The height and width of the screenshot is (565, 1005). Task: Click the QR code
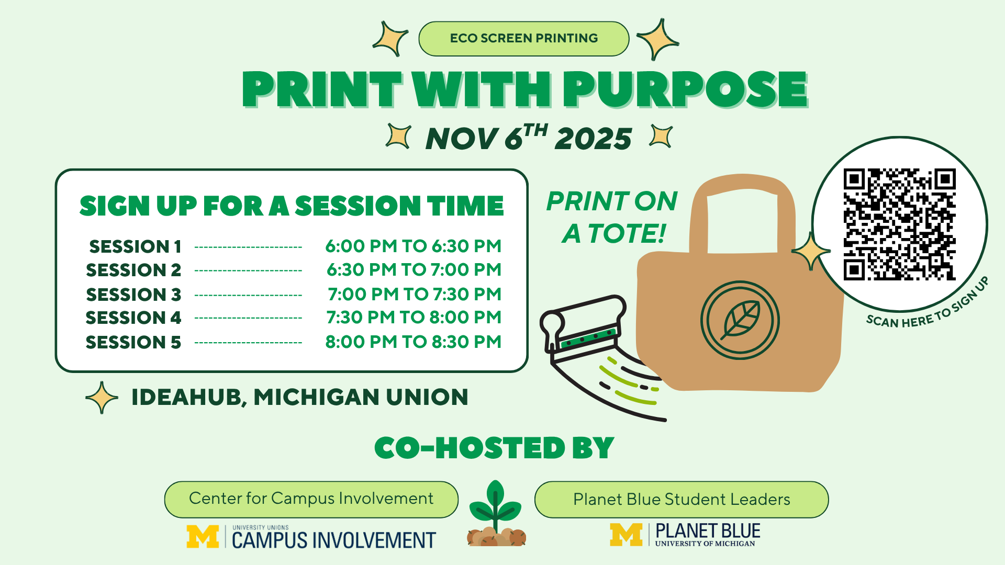pos(899,224)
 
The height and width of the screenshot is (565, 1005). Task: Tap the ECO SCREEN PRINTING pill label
pos(523,39)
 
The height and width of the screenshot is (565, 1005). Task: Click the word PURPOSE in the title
pos(686,89)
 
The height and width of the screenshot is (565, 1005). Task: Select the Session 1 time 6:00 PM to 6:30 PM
pos(413,246)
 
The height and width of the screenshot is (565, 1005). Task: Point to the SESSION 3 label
pos(133,295)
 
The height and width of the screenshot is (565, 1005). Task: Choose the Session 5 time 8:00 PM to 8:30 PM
pos(413,342)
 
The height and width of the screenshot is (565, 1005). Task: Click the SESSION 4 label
pos(133,318)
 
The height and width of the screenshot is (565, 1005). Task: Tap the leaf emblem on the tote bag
pos(740,320)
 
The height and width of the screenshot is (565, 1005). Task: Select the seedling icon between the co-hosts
pos(496,514)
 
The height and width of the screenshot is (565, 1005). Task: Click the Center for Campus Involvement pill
pos(311,499)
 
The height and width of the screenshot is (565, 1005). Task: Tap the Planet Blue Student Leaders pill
pos(682,499)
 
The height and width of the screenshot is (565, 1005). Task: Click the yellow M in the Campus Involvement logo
pos(203,537)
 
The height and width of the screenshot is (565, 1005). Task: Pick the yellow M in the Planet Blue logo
pos(626,535)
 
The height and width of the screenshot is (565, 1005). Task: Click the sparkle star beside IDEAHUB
pos(102,398)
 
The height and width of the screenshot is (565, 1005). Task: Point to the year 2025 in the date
pos(594,139)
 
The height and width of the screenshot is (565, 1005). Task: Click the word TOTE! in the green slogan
pos(627,233)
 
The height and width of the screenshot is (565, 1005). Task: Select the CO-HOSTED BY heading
pos(494,448)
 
